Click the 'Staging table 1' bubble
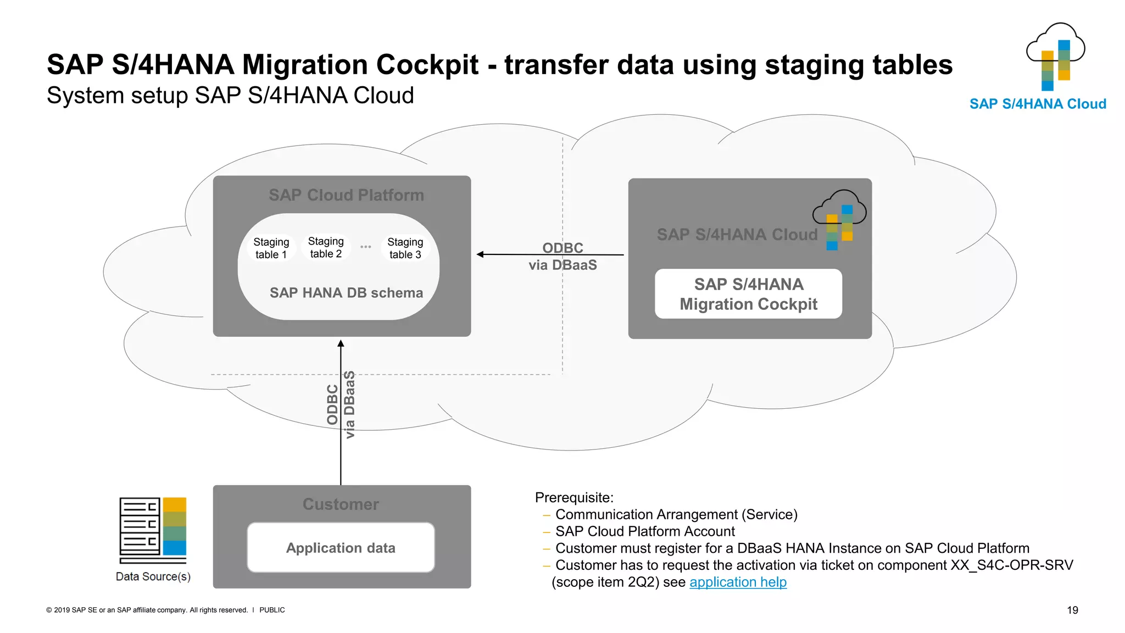271,248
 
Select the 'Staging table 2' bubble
326,247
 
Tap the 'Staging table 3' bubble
405,248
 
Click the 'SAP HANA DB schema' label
346,293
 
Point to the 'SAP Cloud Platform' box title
346,195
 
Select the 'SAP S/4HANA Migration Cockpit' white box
748,294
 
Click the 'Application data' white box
341,548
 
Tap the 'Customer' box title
341,504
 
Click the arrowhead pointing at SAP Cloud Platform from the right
481,254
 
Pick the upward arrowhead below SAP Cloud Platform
341,344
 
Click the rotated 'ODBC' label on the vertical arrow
332,405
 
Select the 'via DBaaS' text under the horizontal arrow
562,265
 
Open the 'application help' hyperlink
738,582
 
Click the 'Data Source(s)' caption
153,576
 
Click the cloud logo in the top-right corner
1055,57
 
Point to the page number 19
1072,610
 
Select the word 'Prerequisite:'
574,497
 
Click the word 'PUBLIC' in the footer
272,610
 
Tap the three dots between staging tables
366,247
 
